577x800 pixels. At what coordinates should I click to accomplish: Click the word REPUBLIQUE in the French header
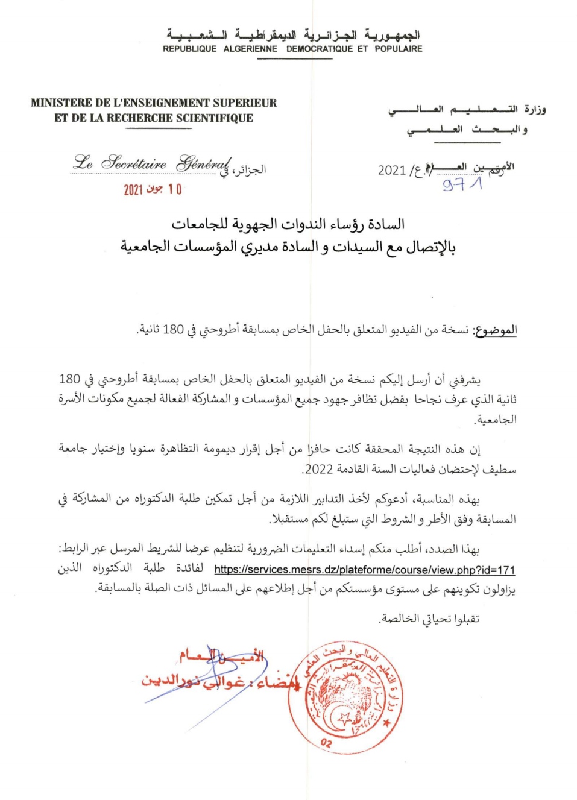pyautogui.click(x=189, y=49)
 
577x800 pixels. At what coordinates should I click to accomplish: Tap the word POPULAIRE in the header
pyautogui.click(x=398, y=49)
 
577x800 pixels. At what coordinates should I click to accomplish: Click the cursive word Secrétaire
pyautogui.click(x=134, y=163)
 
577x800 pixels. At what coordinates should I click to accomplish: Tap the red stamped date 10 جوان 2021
pyautogui.click(x=153, y=189)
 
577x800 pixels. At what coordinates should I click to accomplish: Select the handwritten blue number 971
pyautogui.click(x=462, y=184)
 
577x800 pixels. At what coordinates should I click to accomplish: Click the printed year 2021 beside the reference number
pyautogui.click(x=391, y=170)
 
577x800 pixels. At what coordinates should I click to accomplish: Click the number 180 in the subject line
pyautogui.click(x=173, y=329)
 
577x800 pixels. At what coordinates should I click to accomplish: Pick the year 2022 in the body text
pyautogui.click(x=319, y=469)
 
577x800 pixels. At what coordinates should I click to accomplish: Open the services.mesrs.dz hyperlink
pyautogui.click(x=364, y=569)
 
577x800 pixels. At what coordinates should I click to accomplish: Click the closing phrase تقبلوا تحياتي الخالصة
pyautogui.click(x=429, y=619)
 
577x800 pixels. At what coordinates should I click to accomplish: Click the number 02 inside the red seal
pyautogui.click(x=326, y=742)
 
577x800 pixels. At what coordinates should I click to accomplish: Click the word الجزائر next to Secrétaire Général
pyautogui.click(x=250, y=170)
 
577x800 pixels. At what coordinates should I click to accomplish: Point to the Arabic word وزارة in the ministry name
pyautogui.click(x=535, y=109)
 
